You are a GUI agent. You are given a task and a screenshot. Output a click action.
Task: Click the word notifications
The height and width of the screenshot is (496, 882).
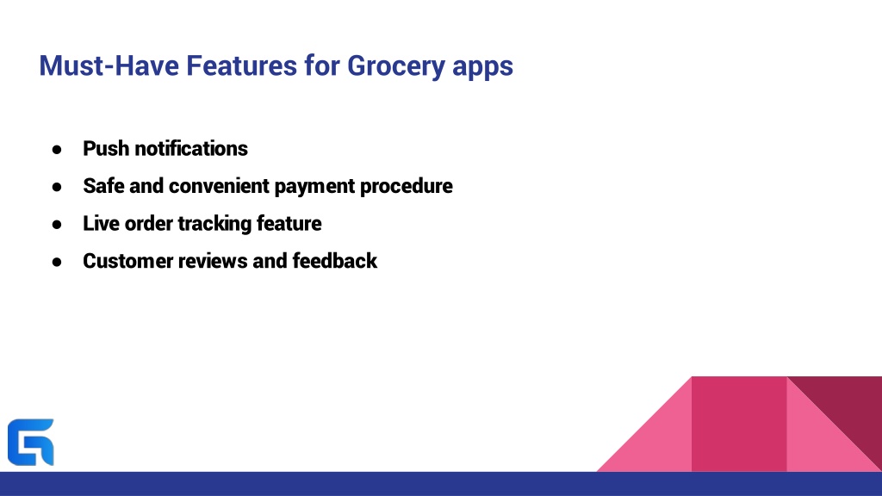pos(191,148)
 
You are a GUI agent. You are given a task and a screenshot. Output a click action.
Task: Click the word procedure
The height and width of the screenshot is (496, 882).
pos(407,187)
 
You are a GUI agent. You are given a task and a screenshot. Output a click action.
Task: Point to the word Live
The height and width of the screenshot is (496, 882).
pos(102,223)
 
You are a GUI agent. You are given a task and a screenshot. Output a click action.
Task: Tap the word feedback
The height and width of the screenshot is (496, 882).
pos(335,261)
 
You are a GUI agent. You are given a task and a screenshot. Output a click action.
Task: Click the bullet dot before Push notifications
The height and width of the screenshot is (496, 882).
pos(57,150)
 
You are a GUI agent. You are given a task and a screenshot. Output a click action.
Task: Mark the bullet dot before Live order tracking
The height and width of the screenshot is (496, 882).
pos(57,225)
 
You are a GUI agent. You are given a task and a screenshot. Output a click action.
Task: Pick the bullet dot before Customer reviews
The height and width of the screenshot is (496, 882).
pos(57,262)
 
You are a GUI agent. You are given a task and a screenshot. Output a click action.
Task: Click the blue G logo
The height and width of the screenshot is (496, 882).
pos(31,442)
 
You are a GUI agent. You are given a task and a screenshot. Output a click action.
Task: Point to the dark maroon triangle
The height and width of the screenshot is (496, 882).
pos(849,407)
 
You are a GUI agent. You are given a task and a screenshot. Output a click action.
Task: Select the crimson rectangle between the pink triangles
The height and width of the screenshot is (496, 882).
pos(739,424)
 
